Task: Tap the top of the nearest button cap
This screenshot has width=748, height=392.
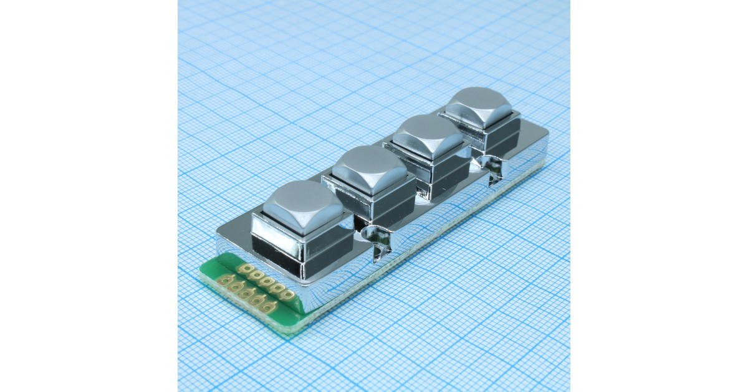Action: (x=303, y=202)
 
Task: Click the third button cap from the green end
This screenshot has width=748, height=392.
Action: (x=429, y=135)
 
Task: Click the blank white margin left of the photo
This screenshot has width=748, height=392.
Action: (x=87, y=196)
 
